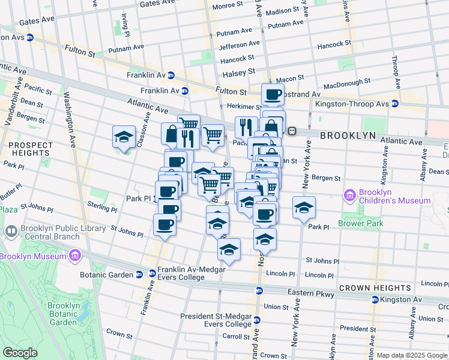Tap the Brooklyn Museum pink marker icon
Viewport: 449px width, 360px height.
(75, 257)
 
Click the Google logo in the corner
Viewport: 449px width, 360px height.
(20, 353)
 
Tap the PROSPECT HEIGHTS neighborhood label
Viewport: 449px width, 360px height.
(28, 149)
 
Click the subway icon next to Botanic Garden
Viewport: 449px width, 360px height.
(139, 275)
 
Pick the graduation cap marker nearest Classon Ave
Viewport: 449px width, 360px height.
(124, 136)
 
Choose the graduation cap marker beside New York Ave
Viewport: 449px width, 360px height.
(304, 208)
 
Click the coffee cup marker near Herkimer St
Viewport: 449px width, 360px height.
(273, 95)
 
